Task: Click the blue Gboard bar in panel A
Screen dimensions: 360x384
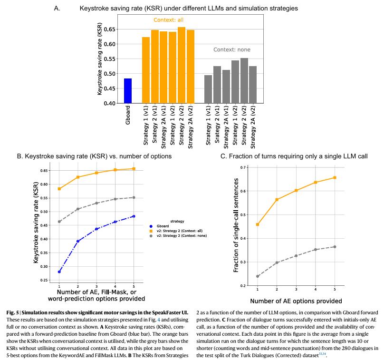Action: [x=128, y=91]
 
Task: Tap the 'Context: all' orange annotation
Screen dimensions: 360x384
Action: [x=168, y=20]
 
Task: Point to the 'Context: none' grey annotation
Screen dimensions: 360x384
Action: [x=231, y=49]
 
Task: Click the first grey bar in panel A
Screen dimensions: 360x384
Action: [x=208, y=89]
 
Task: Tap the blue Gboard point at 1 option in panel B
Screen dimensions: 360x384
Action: [x=59, y=272]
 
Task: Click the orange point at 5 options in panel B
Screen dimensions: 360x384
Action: [x=134, y=169]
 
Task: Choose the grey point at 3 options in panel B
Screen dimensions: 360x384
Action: [x=96, y=203]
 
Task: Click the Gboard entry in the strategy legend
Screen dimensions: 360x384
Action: [x=164, y=226]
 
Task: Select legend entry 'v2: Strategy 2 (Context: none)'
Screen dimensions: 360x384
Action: [x=181, y=235]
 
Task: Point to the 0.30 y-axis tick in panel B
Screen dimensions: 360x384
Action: [x=45, y=266]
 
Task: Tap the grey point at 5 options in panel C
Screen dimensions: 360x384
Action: [x=335, y=247]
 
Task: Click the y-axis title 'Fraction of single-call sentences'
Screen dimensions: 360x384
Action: [x=236, y=227]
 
